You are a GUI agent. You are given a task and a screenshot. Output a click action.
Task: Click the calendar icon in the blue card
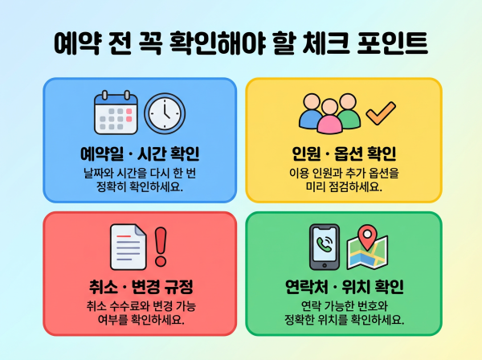[116, 113]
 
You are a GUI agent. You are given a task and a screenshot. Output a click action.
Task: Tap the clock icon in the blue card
[165, 113]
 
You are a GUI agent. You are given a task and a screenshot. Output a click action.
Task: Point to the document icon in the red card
[129, 247]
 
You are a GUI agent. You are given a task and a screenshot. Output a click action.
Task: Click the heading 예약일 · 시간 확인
[140, 153]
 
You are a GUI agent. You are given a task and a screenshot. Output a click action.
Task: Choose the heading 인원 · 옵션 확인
[344, 153]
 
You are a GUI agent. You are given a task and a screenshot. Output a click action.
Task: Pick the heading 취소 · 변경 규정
[140, 287]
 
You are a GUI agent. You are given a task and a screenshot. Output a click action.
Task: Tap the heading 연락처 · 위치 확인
[344, 287]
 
